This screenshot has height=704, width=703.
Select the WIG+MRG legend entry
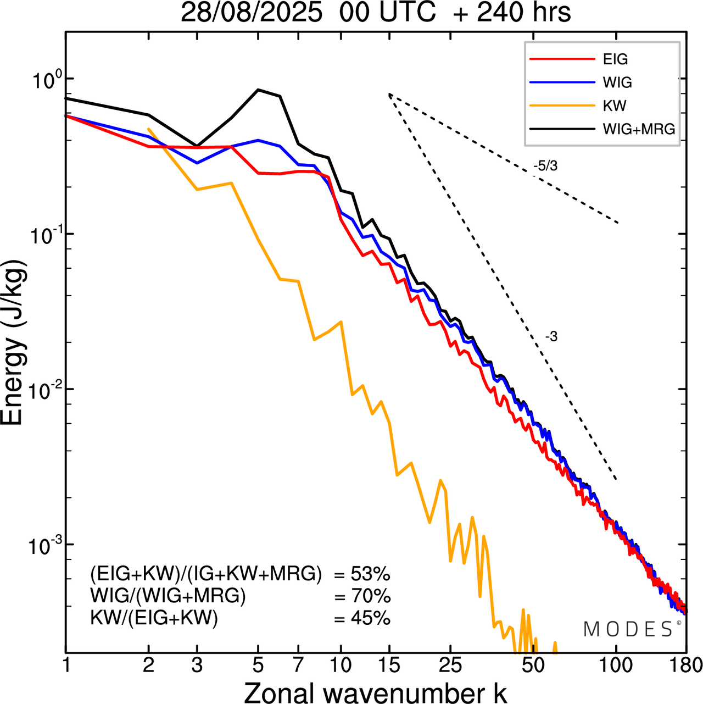point(639,129)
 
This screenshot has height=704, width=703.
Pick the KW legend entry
point(614,106)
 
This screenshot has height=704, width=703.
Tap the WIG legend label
point(617,82)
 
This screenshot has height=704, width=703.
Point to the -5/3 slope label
point(545,165)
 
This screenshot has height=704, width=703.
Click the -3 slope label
point(551,337)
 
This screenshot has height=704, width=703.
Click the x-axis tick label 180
point(685,665)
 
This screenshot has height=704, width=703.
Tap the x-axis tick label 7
point(298,665)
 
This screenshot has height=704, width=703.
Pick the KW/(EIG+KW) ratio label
point(154,618)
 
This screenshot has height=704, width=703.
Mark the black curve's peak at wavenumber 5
point(259,90)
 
